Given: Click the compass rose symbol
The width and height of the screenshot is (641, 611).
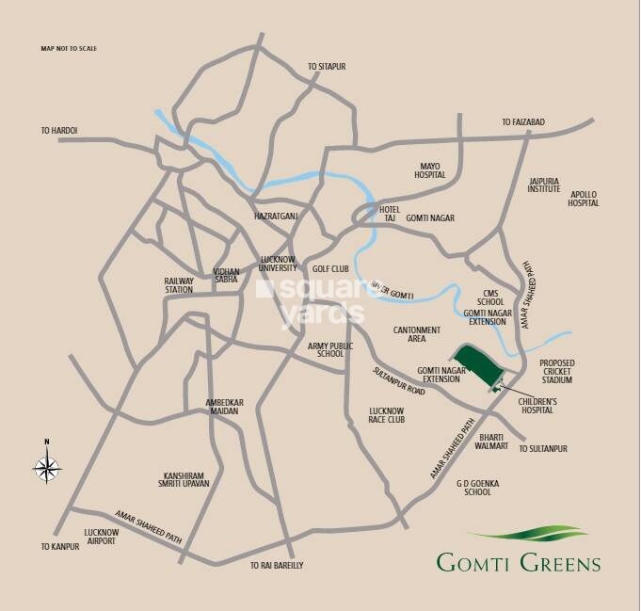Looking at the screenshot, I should coord(47,464).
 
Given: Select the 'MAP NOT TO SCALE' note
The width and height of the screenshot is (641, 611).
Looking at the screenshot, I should coord(69,48).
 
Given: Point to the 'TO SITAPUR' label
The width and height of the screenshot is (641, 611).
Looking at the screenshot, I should coord(328,67).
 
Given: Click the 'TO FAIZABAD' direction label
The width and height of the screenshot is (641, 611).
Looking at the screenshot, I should coord(522,122).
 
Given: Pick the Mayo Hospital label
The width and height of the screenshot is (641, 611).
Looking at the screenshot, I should coord(429,170).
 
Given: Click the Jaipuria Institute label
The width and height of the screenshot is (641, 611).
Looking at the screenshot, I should coord(544,184).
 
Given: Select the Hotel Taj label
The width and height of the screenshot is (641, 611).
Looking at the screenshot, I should coord(390,213).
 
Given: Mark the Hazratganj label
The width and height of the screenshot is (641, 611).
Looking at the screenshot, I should coord(276,217).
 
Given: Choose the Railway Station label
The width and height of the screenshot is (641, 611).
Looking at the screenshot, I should coord(179,285).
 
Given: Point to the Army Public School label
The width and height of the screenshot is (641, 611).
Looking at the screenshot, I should coord(331,350).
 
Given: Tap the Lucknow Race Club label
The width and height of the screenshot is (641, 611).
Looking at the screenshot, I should coord(387,416).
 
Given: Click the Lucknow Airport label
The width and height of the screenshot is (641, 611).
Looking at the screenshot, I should coord(101,537).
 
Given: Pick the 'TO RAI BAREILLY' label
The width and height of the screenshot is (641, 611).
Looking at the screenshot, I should coord(277,565).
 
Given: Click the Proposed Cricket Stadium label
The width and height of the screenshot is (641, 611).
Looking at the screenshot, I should coord(556,371).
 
